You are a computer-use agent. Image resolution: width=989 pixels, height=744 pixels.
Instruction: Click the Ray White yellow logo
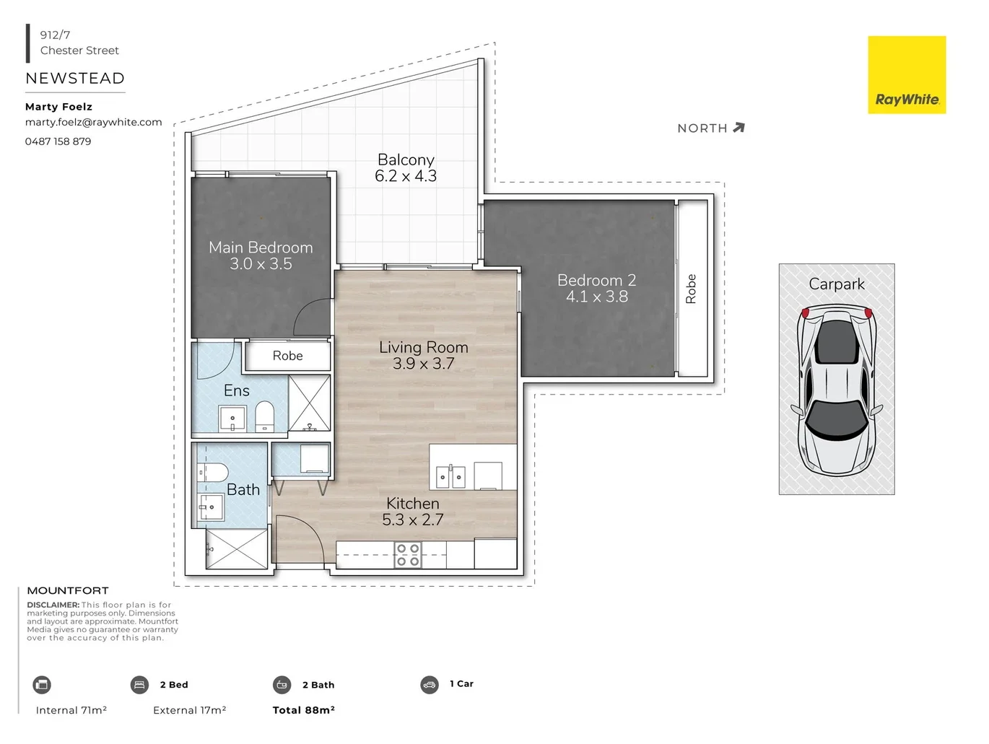click(906, 75)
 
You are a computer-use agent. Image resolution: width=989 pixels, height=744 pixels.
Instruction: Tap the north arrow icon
click(738, 128)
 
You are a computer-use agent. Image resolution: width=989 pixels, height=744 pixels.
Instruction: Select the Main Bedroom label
click(261, 248)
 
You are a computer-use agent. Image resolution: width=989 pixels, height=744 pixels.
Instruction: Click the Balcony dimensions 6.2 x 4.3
click(406, 176)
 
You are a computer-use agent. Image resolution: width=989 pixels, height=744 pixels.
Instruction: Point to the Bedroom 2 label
click(596, 280)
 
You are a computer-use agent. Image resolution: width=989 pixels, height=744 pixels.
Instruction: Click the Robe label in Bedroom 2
click(691, 289)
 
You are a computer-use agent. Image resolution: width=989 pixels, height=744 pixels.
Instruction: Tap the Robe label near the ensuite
click(287, 356)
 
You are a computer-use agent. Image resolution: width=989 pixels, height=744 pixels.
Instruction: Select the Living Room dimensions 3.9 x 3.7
click(423, 364)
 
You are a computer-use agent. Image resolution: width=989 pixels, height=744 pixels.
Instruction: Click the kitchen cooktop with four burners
click(407, 555)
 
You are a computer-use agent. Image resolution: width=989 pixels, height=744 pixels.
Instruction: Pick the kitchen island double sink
click(450, 477)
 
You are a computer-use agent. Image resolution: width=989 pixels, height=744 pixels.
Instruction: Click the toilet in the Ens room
click(265, 417)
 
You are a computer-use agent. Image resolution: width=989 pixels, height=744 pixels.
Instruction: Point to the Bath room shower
click(237, 549)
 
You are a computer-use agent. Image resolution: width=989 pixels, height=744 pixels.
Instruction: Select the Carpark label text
click(836, 284)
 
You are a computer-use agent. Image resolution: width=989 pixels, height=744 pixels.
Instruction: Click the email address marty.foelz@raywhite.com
click(93, 122)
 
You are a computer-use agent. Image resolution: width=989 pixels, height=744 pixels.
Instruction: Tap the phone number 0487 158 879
click(58, 141)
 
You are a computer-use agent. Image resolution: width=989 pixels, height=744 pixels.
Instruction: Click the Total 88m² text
click(303, 710)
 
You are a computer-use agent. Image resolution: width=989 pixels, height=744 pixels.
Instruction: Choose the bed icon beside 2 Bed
click(139, 685)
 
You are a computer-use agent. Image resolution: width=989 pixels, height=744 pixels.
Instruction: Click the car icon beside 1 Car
click(430, 684)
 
